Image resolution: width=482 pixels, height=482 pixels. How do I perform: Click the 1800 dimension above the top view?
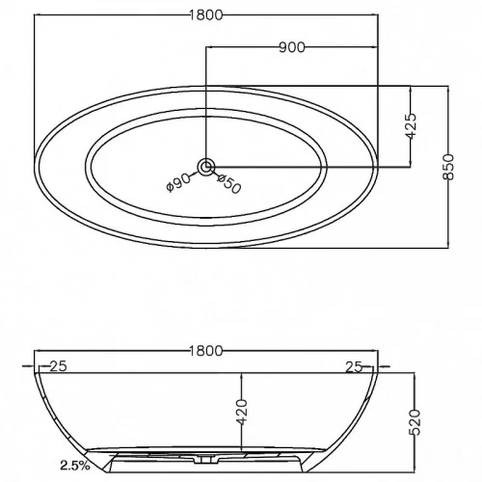(205, 15)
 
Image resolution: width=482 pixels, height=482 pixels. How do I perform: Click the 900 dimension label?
(292, 47)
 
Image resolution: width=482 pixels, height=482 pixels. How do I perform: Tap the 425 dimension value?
(411, 126)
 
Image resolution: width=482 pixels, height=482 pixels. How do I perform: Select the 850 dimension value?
(448, 167)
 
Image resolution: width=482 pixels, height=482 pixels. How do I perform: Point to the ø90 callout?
(178, 182)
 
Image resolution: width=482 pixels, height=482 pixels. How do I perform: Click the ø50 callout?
(228, 183)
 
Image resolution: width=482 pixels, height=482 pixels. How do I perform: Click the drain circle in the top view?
(206, 167)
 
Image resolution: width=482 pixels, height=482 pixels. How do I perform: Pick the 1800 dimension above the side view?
(205, 351)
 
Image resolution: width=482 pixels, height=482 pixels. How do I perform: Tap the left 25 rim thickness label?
(58, 366)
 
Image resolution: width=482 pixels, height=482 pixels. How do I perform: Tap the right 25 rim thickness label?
(354, 367)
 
